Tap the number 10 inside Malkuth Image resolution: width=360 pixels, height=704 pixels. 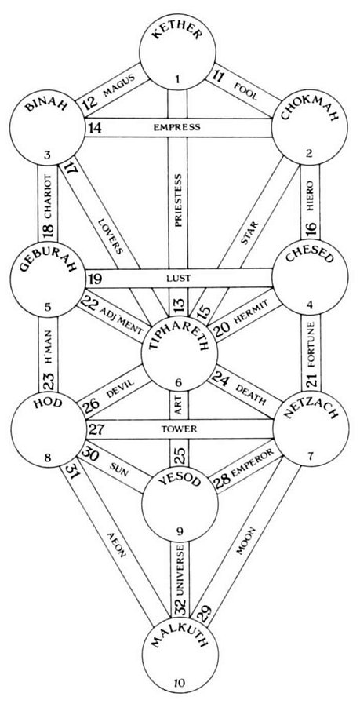pyautogui.click(x=179, y=684)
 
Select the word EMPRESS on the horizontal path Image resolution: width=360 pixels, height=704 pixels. pyautogui.click(x=176, y=127)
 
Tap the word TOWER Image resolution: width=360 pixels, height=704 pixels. pyautogui.click(x=179, y=429)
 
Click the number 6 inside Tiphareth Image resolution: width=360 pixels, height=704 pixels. pyautogui.click(x=179, y=382)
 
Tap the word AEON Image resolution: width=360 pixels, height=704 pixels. pyautogui.click(x=116, y=545)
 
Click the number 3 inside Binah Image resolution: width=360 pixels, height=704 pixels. pyautogui.click(x=49, y=156)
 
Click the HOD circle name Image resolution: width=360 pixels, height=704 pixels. pyautogui.click(x=47, y=404)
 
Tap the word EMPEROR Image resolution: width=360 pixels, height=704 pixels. pyautogui.click(x=251, y=464)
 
